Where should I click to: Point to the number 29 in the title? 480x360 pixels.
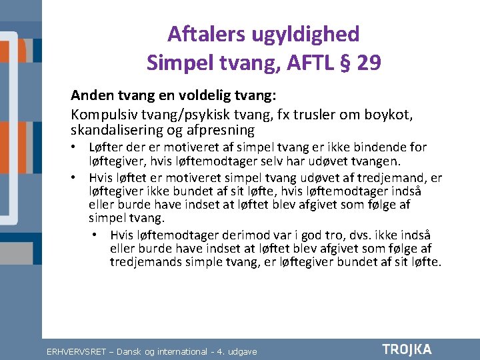click(369, 63)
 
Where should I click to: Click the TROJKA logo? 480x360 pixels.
click(407, 349)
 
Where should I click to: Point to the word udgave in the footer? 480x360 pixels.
click(241, 351)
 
